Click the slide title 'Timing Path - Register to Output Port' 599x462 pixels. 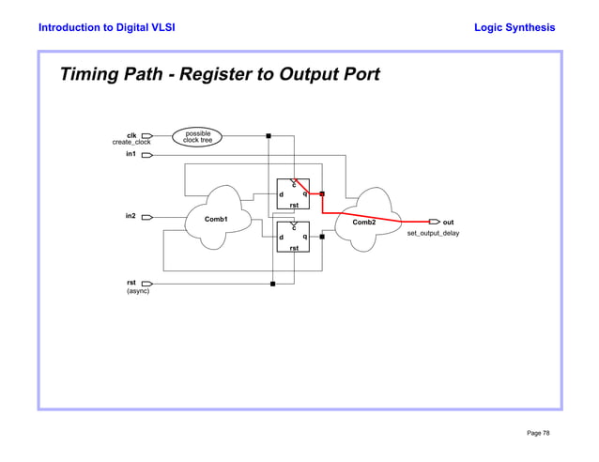[x=220, y=74]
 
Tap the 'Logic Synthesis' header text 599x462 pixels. [x=515, y=27]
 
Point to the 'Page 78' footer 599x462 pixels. [x=539, y=433]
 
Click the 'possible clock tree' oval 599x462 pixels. [x=197, y=137]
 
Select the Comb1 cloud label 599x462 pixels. [x=217, y=219]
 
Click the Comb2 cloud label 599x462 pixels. [x=363, y=223]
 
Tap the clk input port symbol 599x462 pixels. [x=147, y=136]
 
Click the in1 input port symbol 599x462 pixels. [x=147, y=155]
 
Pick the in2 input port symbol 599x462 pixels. [x=147, y=217]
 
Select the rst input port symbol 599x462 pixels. [x=147, y=283]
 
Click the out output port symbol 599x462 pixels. [x=434, y=223]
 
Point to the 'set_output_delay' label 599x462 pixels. [x=433, y=233]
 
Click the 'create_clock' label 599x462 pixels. [x=131, y=143]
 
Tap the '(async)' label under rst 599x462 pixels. [x=138, y=291]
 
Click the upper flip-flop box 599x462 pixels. [x=293, y=194]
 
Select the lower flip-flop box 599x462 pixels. [x=293, y=238]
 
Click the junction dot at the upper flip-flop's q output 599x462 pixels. [x=322, y=194]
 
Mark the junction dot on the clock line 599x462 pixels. [x=269, y=136]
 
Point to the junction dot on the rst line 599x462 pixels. [x=272, y=283]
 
